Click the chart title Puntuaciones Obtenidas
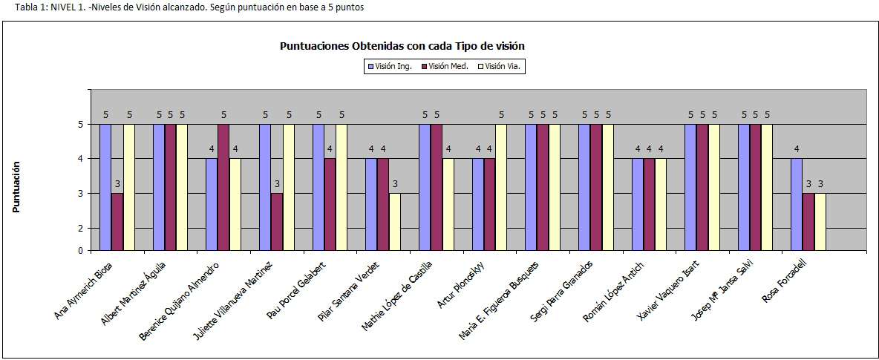(402, 46)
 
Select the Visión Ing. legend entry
(389, 67)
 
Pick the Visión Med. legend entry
(444, 67)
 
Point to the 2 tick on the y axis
(80, 228)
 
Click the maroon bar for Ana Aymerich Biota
(117, 221)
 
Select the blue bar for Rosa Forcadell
(797, 204)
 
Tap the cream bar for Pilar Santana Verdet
(395, 221)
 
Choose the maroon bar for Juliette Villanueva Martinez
(277, 221)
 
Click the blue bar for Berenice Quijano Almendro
(212, 204)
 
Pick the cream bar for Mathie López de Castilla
(448, 204)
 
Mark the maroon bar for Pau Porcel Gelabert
(330, 204)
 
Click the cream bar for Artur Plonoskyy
(501, 187)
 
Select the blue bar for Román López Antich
(637, 204)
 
